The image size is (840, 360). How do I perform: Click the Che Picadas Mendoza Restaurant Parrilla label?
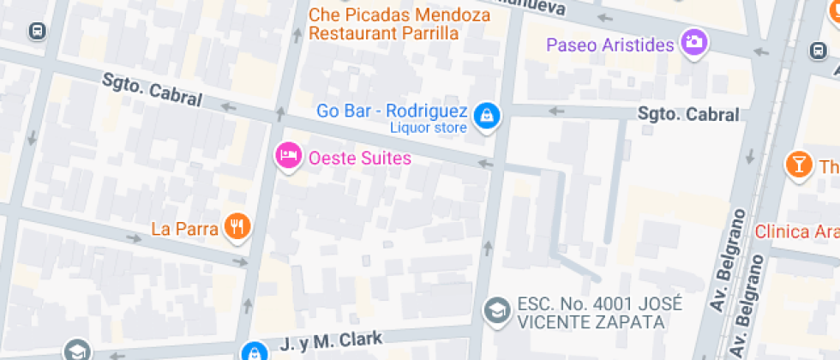(x=399, y=24)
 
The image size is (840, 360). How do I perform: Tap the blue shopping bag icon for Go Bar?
(x=487, y=114)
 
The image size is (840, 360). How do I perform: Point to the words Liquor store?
(x=429, y=129)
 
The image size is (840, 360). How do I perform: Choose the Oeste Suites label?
(x=360, y=158)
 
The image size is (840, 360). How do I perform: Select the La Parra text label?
(x=184, y=228)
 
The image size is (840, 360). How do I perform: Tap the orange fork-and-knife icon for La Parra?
(x=237, y=225)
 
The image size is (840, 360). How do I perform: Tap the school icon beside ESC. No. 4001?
(x=495, y=310)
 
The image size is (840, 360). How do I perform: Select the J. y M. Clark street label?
(x=331, y=343)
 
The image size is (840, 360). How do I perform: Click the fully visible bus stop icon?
(x=37, y=31)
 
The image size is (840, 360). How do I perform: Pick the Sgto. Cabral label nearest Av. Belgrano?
(x=688, y=114)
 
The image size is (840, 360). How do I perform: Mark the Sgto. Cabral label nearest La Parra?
(x=152, y=90)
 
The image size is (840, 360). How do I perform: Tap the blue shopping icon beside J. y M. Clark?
(x=254, y=351)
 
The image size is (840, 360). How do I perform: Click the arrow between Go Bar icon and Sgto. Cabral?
(x=556, y=111)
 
